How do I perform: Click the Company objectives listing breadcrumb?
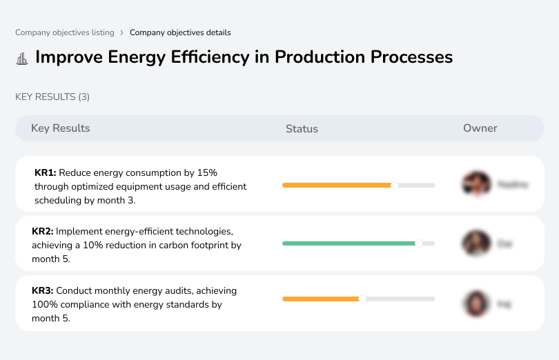point(65,32)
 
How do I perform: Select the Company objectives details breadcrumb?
point(180,32)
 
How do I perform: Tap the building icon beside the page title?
point(22,58)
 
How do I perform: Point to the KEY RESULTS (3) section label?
point(52,97)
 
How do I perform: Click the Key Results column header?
point(60,128)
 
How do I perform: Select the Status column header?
point(302,128)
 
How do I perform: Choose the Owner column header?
point(480,128)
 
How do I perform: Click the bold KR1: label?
point(45,172)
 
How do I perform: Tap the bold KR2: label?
point(43,232)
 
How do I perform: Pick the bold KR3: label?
point(43,291)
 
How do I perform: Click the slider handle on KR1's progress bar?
point(395,185)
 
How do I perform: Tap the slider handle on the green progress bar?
point(418,243)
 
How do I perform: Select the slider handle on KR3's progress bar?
point(362,299)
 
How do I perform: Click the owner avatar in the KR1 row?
point(475,184)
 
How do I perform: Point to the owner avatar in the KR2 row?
point(475,243)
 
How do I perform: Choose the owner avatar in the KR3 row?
point(475,303)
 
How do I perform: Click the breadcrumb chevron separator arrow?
point(122,32)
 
